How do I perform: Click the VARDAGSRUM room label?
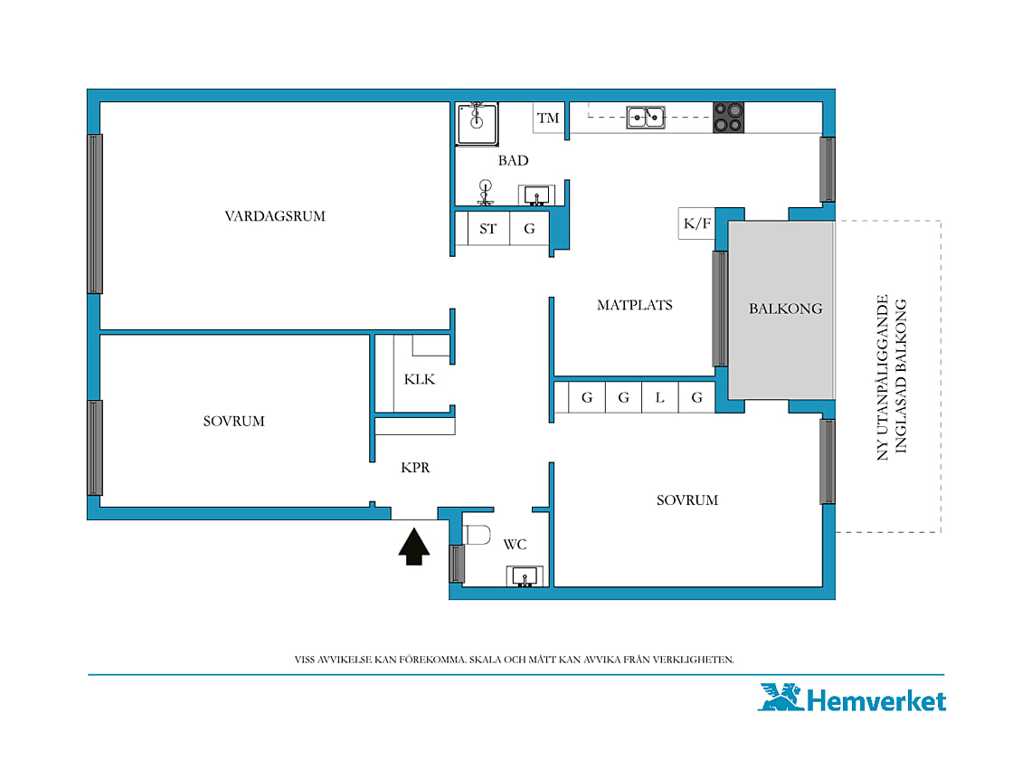pos(275,216)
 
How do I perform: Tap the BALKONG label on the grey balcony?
pos(786,309)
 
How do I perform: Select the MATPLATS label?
pos(635,305)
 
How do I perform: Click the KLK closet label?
pos(420,379)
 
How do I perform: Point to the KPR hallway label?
pos(415,467)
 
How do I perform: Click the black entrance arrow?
pos(414,547)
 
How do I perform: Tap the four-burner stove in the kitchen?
pos(729,118)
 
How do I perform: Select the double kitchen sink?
pos(645,117)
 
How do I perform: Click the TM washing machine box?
pos(548,118)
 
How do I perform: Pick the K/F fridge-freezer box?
pos(697,223)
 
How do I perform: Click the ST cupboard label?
pos(487,229)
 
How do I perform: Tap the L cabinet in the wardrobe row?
pos(660,397)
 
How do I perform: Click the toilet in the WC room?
pos(477,535)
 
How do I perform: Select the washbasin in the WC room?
pos(525,575)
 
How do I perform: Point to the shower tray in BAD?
pos(478,123)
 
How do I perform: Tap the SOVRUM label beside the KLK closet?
pos(234,422)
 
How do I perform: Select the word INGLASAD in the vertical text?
pos(901,414)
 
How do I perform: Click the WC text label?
pos(515,545)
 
